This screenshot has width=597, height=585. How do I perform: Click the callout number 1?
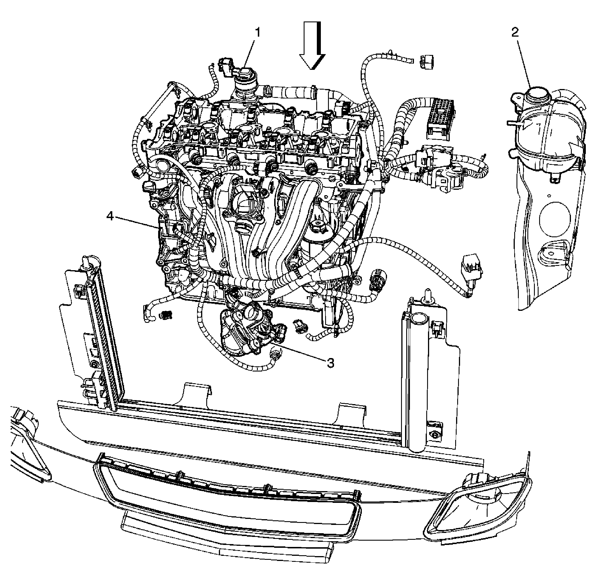pos(258,33)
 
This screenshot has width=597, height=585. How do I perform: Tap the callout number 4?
pos(110,216)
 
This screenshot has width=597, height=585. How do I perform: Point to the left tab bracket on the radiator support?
pos(197,395)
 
